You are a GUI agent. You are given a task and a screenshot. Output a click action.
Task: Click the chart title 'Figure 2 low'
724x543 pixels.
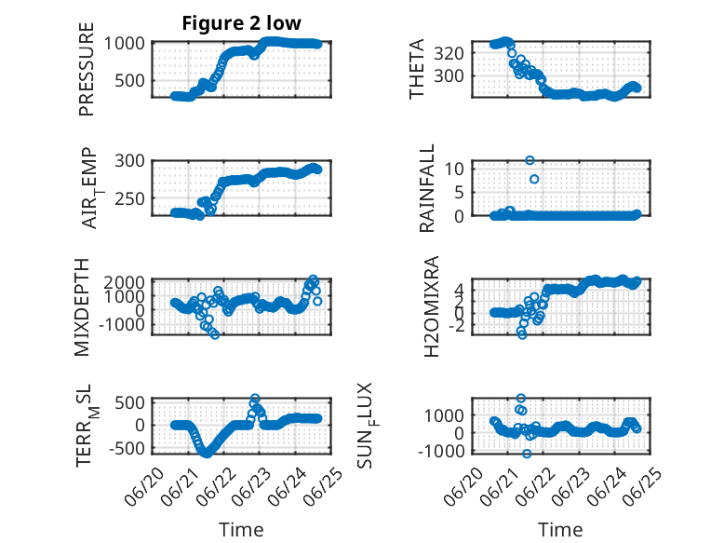(x=241, y=23)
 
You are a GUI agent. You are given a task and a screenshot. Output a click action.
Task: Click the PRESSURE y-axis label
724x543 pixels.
(x=87, y=69)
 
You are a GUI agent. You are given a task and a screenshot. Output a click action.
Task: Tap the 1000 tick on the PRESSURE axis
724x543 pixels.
(x=124, y=44)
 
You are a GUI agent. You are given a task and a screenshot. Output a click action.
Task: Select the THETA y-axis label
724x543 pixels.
(x=417, y=69)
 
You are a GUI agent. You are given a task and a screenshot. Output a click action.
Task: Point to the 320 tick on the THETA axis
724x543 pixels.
(x=449, y=53)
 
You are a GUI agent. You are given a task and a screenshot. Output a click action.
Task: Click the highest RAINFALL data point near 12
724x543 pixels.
(x=530, y=160)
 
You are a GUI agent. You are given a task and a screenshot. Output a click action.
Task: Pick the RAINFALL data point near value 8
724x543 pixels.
(x=534, y=179)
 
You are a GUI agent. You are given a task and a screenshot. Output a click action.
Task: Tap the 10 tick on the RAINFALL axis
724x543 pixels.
(x=454, y=169)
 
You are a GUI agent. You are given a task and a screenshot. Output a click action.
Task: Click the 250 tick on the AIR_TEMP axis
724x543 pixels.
(x=129, y=199)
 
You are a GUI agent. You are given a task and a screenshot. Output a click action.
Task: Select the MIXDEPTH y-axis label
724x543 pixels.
(x=82, y=307)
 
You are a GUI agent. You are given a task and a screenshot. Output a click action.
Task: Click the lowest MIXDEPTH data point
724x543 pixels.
(x=215, y=334)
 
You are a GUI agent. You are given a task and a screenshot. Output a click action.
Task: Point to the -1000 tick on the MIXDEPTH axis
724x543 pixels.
(x=122, y=325)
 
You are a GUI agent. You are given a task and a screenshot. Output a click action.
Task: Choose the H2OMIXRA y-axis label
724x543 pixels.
(x=431, y=306)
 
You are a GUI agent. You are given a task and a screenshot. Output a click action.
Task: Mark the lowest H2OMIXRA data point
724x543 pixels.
(x=522, y=334)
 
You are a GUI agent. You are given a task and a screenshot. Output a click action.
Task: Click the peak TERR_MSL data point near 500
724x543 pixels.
(x=255, y=398)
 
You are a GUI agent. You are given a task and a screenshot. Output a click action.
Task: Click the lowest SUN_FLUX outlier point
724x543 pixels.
(x=527, y=454)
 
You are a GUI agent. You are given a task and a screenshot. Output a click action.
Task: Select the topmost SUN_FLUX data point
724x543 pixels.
(x=521, y=398)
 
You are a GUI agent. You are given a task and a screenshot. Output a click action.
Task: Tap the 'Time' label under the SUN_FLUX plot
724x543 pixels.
(x=560, y=529)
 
